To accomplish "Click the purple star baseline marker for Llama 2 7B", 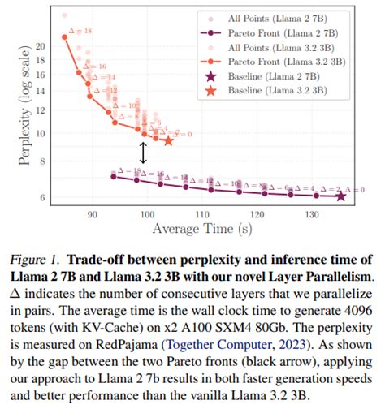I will [x=340, y=196].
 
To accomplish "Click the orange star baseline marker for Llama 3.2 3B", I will [x=168, y=140].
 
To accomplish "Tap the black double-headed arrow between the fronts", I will [x=144, y=153].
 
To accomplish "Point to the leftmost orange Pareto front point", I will [x=65, y=37].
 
